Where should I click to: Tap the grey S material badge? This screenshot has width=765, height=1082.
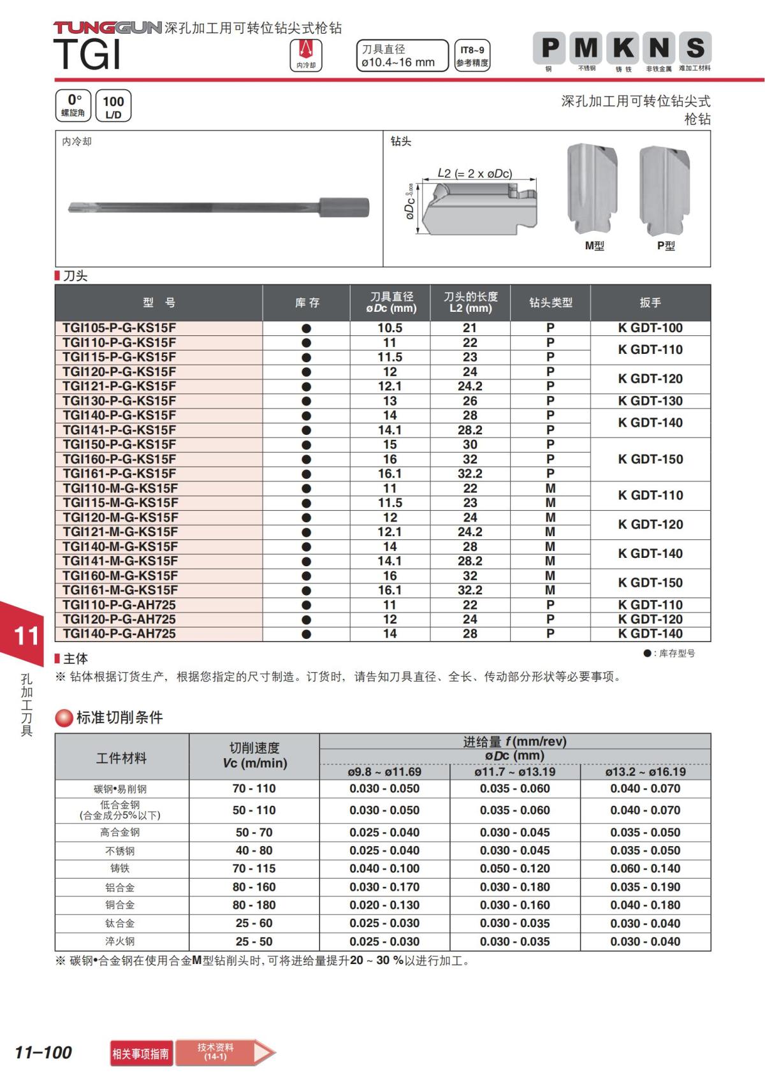point(694,48)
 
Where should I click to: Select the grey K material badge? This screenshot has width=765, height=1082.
point(623,48)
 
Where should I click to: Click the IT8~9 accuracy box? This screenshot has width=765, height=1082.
point(472,55)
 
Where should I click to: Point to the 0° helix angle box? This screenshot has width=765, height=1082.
point(73,105)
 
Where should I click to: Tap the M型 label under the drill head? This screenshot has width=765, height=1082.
point(594,246)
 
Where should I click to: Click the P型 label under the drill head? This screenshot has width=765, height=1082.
point(666,246)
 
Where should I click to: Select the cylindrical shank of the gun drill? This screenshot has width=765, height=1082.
point(344,207)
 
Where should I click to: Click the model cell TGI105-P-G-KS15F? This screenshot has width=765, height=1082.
point(119,328)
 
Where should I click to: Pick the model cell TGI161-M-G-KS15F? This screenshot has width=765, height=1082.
point(120,590)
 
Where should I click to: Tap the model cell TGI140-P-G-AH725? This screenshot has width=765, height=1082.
point(119,634)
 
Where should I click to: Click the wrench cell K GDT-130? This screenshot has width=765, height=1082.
point(650,401)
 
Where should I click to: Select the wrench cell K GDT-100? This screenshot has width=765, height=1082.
point(650,328)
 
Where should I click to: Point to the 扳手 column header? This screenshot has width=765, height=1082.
point(650,303)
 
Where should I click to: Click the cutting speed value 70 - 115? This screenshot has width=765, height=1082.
point(254,868)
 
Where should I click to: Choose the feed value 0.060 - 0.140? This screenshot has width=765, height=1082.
point(645,868)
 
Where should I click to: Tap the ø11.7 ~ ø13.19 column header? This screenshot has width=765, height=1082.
point(514,772)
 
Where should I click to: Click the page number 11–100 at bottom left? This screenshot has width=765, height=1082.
point(43,1053)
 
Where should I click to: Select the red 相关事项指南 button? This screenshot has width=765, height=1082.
point(141,1053)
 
